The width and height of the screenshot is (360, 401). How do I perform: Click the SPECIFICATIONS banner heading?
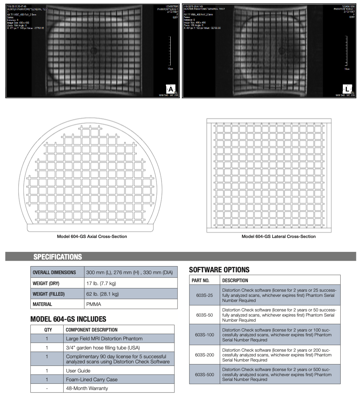point(58,257)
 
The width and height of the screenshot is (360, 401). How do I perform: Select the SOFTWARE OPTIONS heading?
point(219,270)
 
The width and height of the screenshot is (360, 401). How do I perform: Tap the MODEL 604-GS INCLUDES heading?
point(68,319)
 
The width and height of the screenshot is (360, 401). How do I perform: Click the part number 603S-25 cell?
point(204,295)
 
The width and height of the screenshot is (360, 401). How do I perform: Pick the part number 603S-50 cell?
point(204,315)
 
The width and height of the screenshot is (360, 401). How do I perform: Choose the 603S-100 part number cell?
point(204,334)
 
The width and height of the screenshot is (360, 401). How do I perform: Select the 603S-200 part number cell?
point(204,355)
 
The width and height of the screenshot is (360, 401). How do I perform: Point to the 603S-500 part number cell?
point(204,374)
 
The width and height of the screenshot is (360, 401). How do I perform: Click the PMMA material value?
point(94,304)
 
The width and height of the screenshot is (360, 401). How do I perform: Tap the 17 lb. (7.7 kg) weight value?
point(101,283)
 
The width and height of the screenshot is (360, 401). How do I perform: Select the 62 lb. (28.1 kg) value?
point(102,294)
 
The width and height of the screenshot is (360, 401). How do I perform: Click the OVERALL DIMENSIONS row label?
point(54,272)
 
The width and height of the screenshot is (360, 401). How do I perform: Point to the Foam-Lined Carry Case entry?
point(92,379)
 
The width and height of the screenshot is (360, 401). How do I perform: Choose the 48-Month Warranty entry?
point(87,388)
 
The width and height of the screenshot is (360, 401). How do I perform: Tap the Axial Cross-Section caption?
point(92,237)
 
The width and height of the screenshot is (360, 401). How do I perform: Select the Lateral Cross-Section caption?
point(278,237)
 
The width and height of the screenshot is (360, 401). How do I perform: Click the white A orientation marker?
point(171,89)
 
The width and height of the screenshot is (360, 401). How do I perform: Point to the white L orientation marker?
point(347,89)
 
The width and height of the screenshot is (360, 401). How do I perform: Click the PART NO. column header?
point(201,280)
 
